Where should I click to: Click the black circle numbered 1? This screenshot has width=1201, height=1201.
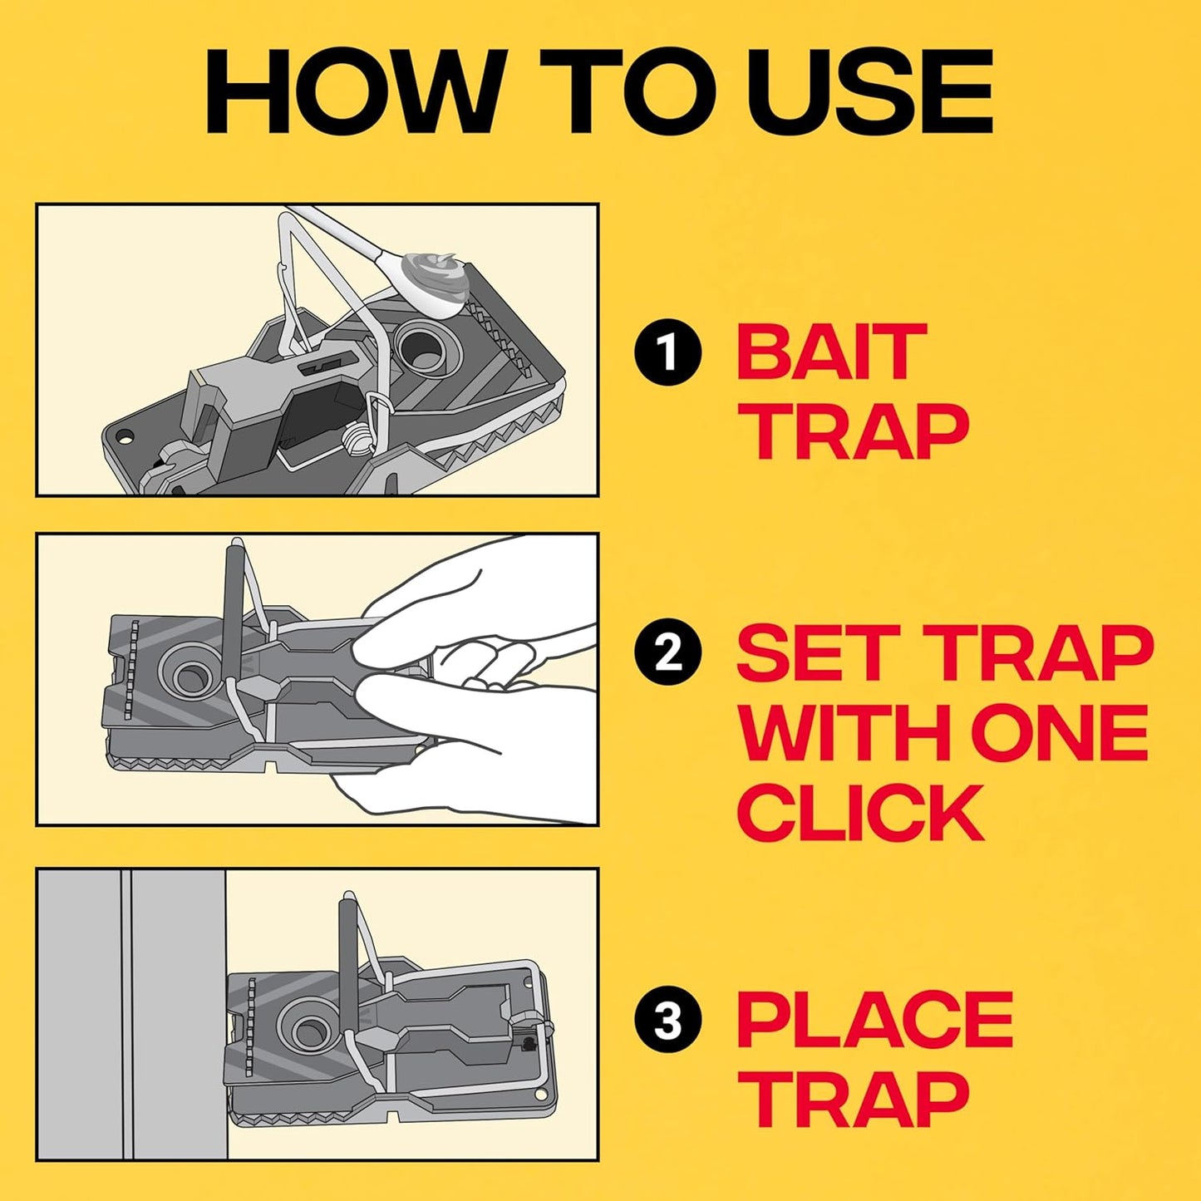tap(667, 353)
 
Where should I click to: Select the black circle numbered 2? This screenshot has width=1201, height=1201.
tap(667, 653)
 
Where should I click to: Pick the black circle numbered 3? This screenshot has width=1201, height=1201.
tap(667, 1020)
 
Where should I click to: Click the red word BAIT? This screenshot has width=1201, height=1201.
tap(831, 353)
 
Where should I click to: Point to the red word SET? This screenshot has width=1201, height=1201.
tap(815, 653)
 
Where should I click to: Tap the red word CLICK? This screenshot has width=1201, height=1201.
tap(860, 813)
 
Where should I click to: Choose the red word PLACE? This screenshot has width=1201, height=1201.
tap(874, 1020)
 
